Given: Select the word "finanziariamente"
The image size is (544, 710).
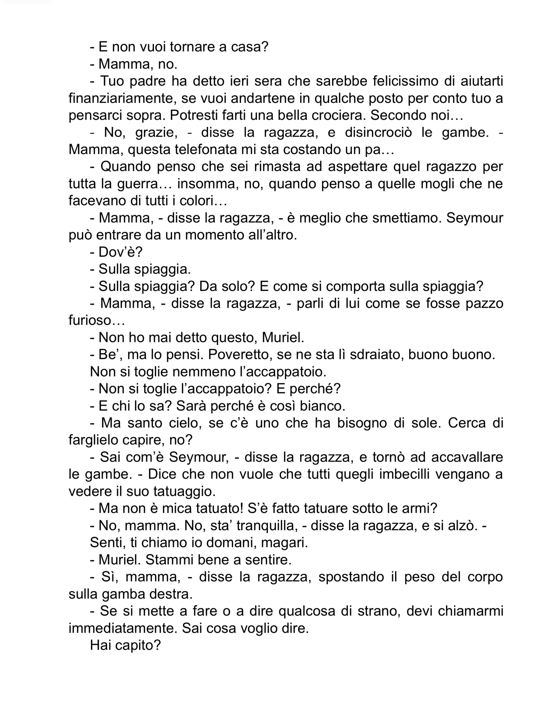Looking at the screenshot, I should pyautogui.click(x=121, y=98).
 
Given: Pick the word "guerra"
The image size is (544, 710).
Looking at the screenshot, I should pyautogui.click(x=144, y=183).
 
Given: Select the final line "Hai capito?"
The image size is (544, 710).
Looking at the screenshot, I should pyautogui.click(x=125, y=645).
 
